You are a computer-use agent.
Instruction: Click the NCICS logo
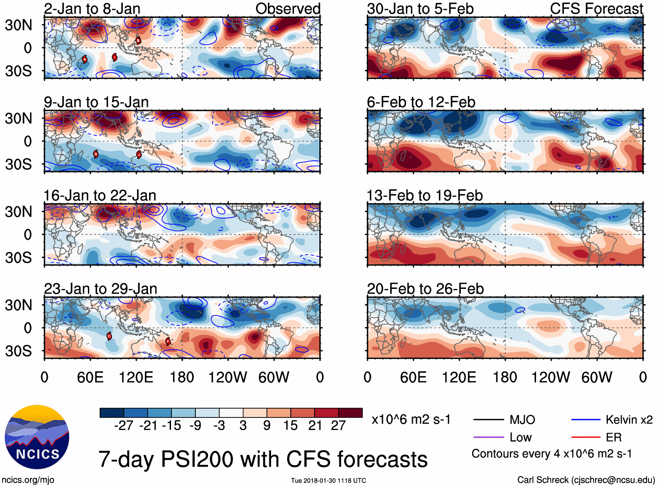pyautogui.click(x=37, y=437)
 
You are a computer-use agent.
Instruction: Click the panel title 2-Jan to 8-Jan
pyautogui.click(x=92, y=9)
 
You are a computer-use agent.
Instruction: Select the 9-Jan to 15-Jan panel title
pyautogui.click(x=96, y=102)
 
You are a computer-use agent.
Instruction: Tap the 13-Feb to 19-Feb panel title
pyautogui.click(x=425, y=195)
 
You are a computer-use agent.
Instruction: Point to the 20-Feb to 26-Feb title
pyautogui.click(x=425, y=289)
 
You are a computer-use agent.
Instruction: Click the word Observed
pyautogui.click(x=288, y=9)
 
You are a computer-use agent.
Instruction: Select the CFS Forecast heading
pyautogui.click(x=596, y=9)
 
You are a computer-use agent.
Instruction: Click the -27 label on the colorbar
pyautogui.click(x=124, y=425)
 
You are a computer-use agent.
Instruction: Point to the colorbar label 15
pyautogui.click(x=290, y=425)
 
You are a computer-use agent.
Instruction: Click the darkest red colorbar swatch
pyautogui.click(x=350, y=413)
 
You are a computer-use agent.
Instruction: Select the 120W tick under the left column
pyautogui.click(x=228, y=377)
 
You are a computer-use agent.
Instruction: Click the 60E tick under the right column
pyautogui.click(x=413, y=377)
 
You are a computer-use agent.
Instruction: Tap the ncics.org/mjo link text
pyautogui.click(x=28, y=480)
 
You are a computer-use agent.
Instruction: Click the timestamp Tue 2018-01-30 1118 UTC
pyautogui.click(x=328, y=480)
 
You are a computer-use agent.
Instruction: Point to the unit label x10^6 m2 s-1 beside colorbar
pyautogui.click(x=411, y=420)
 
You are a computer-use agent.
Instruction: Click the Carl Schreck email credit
pyautogui.click(x=586, y=480)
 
